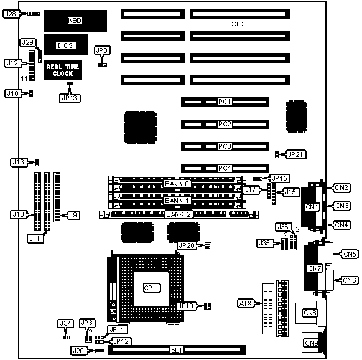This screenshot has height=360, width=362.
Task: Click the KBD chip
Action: click(75, 21)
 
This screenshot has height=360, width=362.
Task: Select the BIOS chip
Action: click(65, 45)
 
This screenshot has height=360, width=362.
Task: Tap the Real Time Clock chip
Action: click(63, 70)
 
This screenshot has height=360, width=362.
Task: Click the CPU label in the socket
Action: click(151, 288)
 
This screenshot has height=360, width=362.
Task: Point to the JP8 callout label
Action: click(102, 50)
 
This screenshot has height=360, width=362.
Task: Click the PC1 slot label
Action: click(225, 102)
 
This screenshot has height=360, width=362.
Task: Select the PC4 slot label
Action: click(225, 168)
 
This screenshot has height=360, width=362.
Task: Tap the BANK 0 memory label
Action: click(177, 184)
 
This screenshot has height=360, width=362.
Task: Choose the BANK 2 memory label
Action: click(179, 214)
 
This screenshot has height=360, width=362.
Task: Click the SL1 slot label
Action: click(177, 350)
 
